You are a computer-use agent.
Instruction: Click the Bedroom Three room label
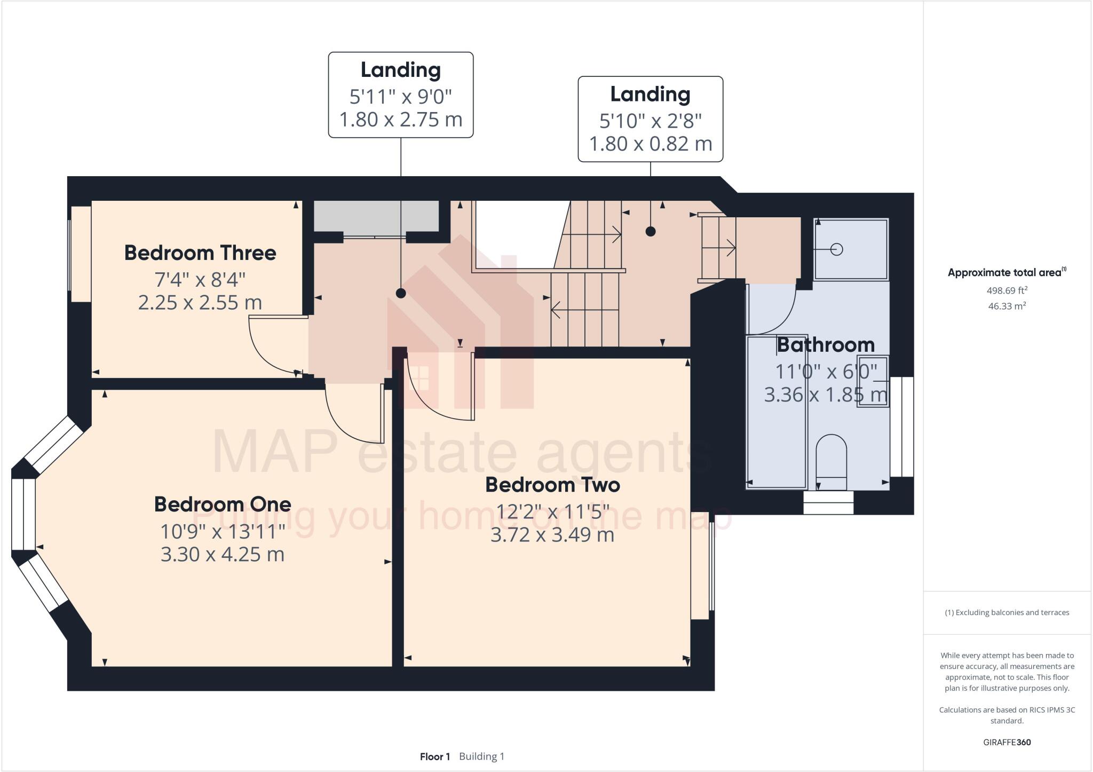pos(200,253)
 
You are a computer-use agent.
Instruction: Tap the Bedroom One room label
pos(223,505)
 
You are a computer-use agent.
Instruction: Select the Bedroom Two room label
pos(552,485)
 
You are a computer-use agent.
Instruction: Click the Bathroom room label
pos(826,345)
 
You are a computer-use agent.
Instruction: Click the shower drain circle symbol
pos(836,249)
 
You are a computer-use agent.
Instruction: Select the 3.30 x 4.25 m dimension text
pos(223,554)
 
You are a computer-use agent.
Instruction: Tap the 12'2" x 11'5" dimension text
pos(552,512)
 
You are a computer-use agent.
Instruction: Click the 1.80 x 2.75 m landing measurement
pos(401,119)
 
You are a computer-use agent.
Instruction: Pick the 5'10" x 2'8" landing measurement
pos(650,121)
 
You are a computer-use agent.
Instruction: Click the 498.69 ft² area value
pos(1007,291)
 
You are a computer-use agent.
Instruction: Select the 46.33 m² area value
pos(1007,306)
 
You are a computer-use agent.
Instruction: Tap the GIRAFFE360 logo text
pos(1007,742)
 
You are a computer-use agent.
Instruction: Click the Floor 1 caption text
pos(435,757)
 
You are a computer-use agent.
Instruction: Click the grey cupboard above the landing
pos(376,216)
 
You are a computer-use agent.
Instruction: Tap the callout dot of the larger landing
pos(401,293)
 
